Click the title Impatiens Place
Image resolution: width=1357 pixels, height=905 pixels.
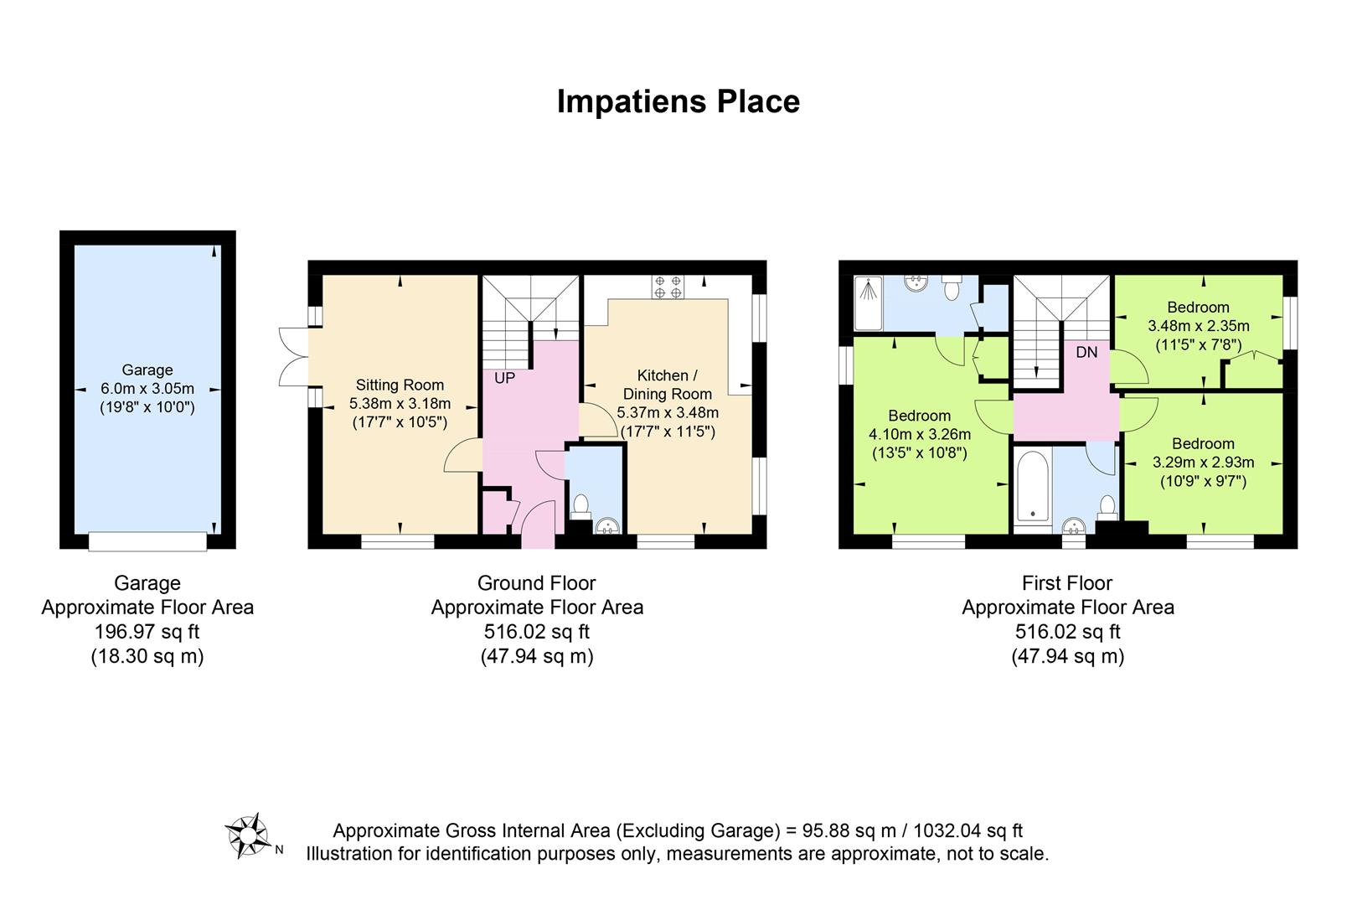pos(678,101)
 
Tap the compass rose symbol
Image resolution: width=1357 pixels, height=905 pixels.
pos(248,835)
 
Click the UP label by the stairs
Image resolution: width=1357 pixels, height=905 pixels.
pos(504,378)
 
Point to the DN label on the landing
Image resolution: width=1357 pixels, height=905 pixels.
pos(1086,352)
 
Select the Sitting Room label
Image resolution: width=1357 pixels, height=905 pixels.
pos(400,385)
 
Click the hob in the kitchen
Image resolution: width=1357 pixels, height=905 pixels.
pos(668,287)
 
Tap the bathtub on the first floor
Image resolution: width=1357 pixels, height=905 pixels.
pos(1033,486)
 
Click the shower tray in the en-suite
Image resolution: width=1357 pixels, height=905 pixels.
pos(868,303)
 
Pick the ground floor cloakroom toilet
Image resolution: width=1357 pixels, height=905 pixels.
pos(581,507)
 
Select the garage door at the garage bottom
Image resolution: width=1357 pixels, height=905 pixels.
pos(147,541)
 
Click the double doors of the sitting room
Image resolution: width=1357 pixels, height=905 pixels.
pos(294,356)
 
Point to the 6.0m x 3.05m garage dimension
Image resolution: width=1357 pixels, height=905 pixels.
pos(147,389)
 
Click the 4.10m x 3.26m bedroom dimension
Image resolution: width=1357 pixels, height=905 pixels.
pos(920,435)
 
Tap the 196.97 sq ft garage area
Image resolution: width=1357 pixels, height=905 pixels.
pos(147,632)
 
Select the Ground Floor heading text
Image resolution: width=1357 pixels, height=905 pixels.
pos(537,583)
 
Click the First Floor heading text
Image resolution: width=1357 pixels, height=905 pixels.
pos(1067,583)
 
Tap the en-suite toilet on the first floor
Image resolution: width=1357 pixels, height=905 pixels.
pos(952,288)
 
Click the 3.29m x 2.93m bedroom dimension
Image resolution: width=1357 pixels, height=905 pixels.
pos(1203,463)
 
